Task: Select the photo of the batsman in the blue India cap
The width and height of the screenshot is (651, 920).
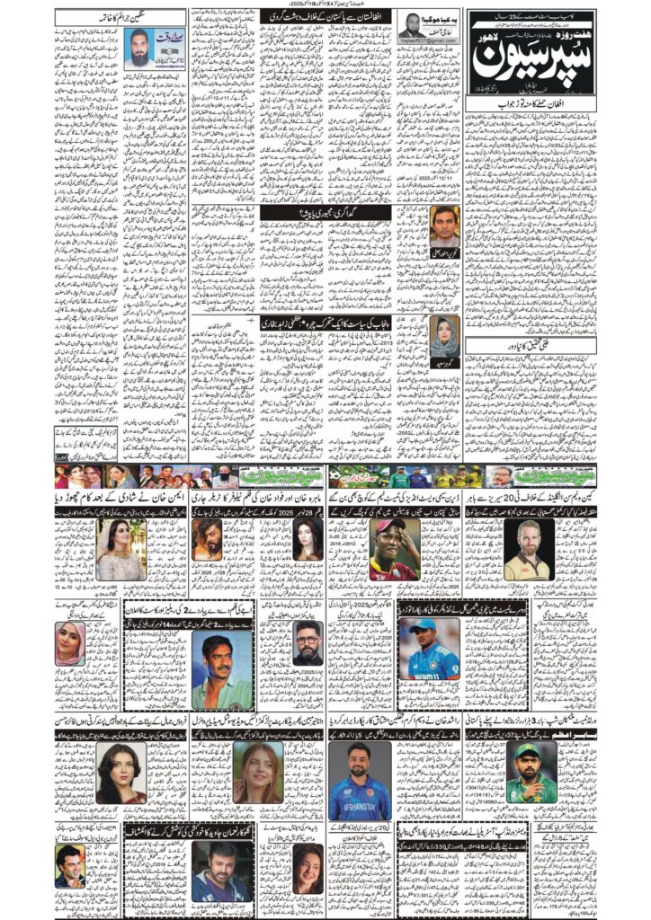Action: [x=428, y=647]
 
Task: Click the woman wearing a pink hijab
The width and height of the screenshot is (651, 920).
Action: [x=69, y=643]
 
